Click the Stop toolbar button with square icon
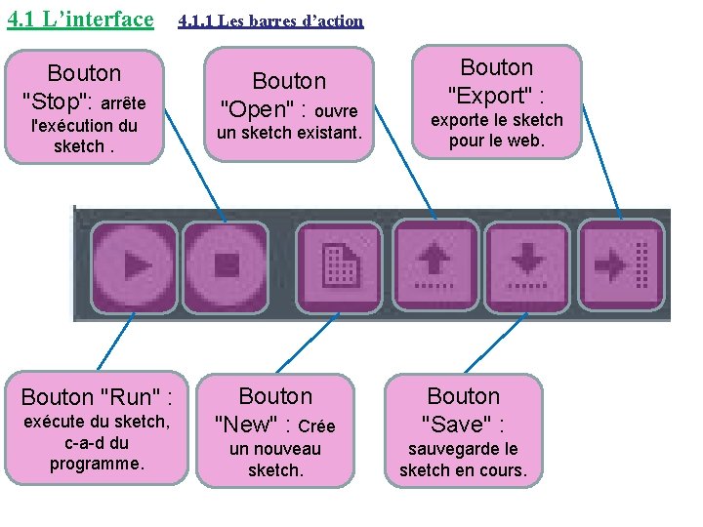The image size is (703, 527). pyautogui.click(x=226, y=264)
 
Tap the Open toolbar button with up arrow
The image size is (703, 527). pyautogui.click(x=435, y=264)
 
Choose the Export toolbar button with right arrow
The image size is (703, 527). pyautogui.click(x=621, y=264)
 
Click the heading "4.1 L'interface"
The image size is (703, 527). pyautogui.click(x=80, y=19)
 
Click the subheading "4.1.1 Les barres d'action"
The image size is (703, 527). pyautogui.click(x=270, y=20)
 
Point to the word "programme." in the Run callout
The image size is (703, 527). pyautogui.click(x=97, y=465)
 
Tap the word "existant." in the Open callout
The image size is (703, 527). pyautogui.click(x=326, y=132)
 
